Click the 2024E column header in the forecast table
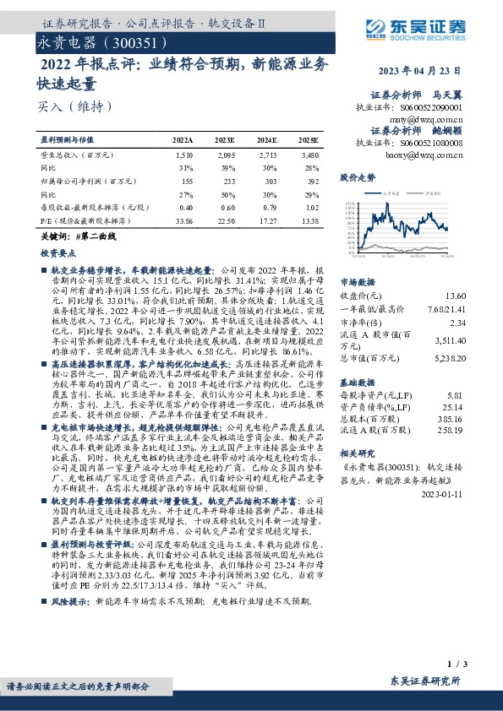click(266, 139)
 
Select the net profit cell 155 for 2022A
click(187, 181)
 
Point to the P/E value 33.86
click(183, 220)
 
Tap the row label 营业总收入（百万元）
click(78, 156)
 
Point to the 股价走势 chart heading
click(358, 178)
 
